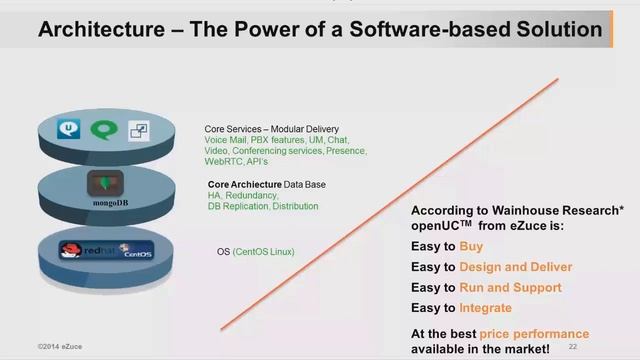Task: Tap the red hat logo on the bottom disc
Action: [x=71, y=250]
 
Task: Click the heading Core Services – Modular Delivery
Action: [x=271, y=129]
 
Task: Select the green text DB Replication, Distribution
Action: [x=262, y=206]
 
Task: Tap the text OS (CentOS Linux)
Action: [x=255, y=251]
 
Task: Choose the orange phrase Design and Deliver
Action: [x=515, y=267]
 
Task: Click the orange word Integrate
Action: [x=485, y=308]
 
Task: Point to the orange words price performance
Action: [x=534, y=332]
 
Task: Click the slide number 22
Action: [x=573, y=346]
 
